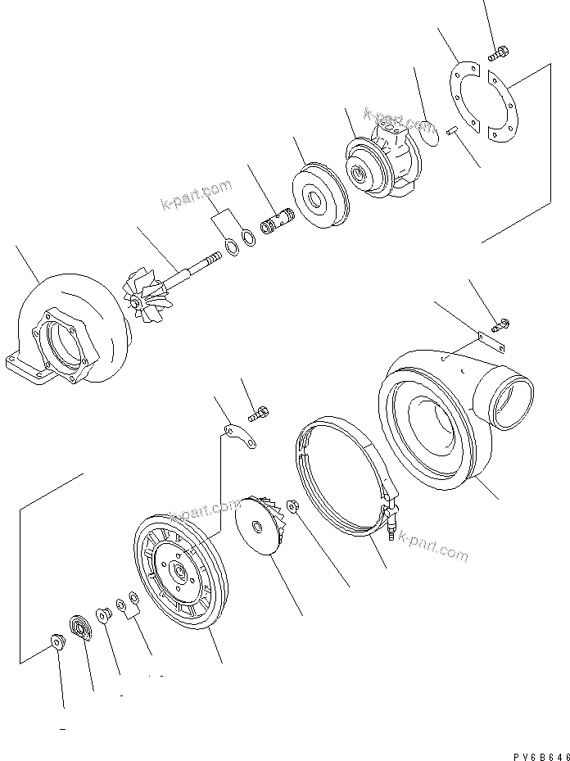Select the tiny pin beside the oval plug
(451, 129)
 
